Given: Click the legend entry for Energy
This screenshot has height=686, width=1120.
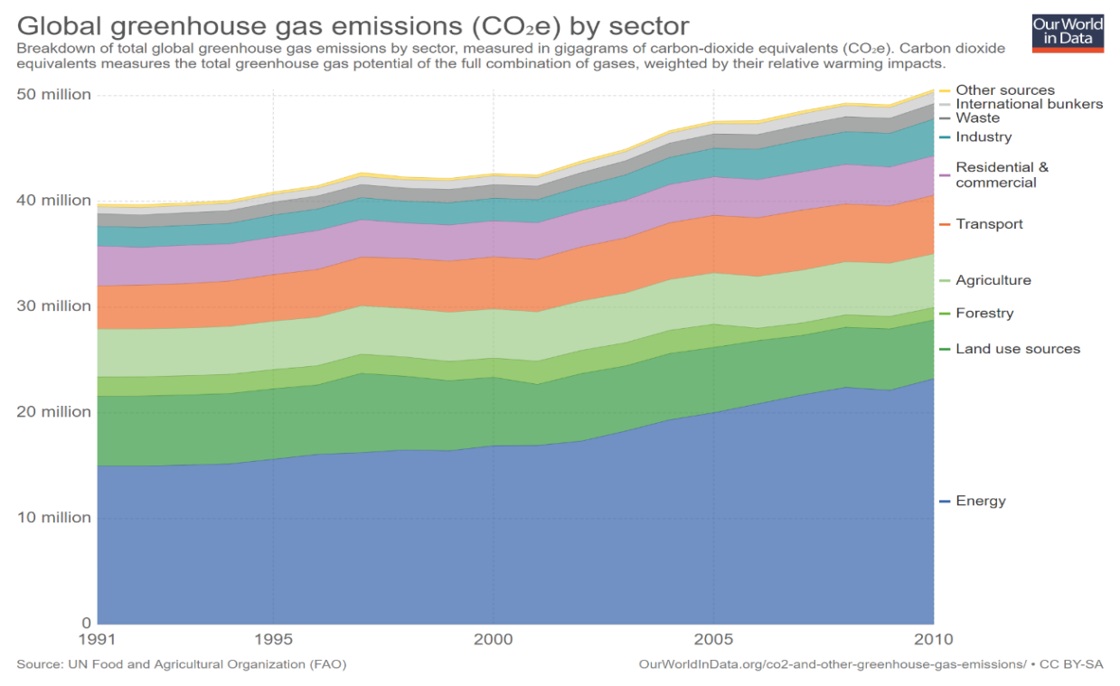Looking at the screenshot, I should [981, 501].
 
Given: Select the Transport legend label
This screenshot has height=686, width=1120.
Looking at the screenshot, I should [989, 224].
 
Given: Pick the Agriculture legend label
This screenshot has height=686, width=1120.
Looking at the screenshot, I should [993, 280].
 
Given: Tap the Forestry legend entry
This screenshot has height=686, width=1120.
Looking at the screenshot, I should [984, 313].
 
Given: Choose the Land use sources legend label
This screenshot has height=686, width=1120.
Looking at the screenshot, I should [1018, 349].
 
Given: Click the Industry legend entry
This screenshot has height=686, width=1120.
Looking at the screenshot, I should [984, 137].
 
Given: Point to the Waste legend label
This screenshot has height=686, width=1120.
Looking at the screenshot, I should [977, 117].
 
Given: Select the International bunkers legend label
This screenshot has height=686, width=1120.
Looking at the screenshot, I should [1029, 104].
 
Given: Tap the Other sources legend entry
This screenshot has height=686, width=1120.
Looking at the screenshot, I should [1005, 89].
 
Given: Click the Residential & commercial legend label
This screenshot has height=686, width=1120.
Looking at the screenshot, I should [1002, 174].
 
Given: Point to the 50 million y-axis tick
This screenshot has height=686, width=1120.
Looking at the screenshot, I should [53, 95].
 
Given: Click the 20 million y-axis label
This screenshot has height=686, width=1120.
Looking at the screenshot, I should [53, 412].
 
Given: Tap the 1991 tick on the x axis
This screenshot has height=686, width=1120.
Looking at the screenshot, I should [98, 639].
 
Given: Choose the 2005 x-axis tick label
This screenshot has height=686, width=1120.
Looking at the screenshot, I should [714, 639].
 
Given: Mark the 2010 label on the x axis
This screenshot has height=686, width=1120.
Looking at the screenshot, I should [934, 639].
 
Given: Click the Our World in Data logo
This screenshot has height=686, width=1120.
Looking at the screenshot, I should [1068, 33].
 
